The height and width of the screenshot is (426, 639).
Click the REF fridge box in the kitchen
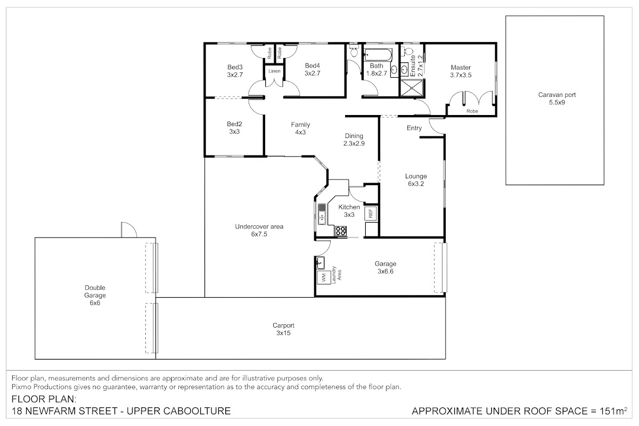click(x=371, y=213)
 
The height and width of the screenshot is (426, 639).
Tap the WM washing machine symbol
click(x=324, y=277)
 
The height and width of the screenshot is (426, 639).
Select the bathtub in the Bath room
click(x=378, y=54)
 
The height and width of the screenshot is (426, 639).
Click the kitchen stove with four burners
click(x=341, y=231)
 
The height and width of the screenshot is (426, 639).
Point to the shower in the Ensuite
click(x=412, y=88)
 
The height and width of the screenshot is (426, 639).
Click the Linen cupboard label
click(x=274, y=71)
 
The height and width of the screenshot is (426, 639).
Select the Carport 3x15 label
click(x=283, y=329)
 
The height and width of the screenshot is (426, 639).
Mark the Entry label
click(x=414, y=128)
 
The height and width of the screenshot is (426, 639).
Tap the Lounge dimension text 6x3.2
click(x=416, y=184)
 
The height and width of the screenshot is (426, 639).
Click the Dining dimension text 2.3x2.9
click(x=354, y=143)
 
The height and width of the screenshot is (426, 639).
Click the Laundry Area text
click(x=337, y=275)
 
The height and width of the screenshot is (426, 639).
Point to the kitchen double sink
click(x=322, y=217)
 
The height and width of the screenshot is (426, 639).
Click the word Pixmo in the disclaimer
click(x=21, y=387)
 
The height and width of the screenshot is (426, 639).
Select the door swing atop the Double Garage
click(x=129, y=230)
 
